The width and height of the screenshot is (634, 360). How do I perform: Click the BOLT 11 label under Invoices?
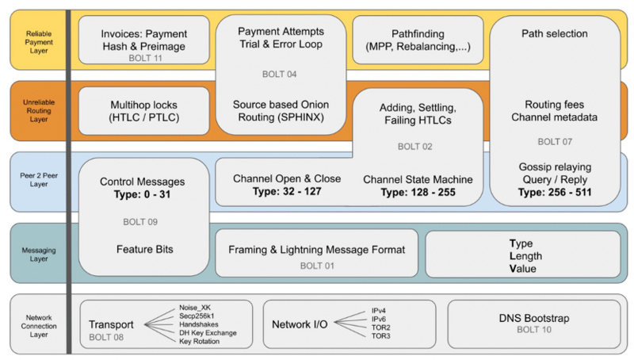(144, 58)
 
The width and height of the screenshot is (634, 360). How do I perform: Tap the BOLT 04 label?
(280, 74)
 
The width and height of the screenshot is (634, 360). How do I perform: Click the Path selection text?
(555, 33)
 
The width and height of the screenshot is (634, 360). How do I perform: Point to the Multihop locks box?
(144, 111)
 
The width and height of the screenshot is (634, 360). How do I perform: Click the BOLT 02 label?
(415, 147)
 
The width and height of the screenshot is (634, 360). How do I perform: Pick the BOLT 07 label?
(555, 142)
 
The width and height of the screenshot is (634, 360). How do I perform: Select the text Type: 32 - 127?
(287, 192)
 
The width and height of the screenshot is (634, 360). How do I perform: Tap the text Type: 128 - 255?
(418, 192)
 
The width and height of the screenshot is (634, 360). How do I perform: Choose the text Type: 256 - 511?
(555, 192)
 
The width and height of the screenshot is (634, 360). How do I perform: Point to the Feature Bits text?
(144, 249)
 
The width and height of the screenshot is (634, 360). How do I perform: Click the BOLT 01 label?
(317, 266)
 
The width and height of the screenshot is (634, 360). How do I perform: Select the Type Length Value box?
(523, 255)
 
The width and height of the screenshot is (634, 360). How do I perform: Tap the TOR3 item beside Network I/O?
(381, 336)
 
